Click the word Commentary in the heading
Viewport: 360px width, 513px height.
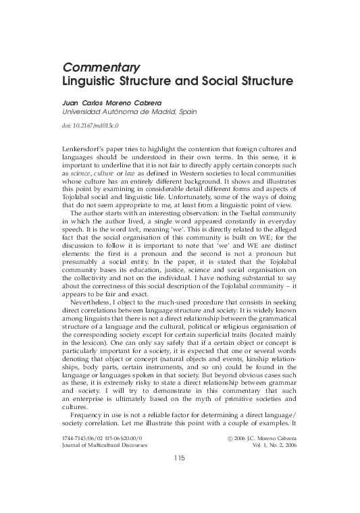coord(101,67)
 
